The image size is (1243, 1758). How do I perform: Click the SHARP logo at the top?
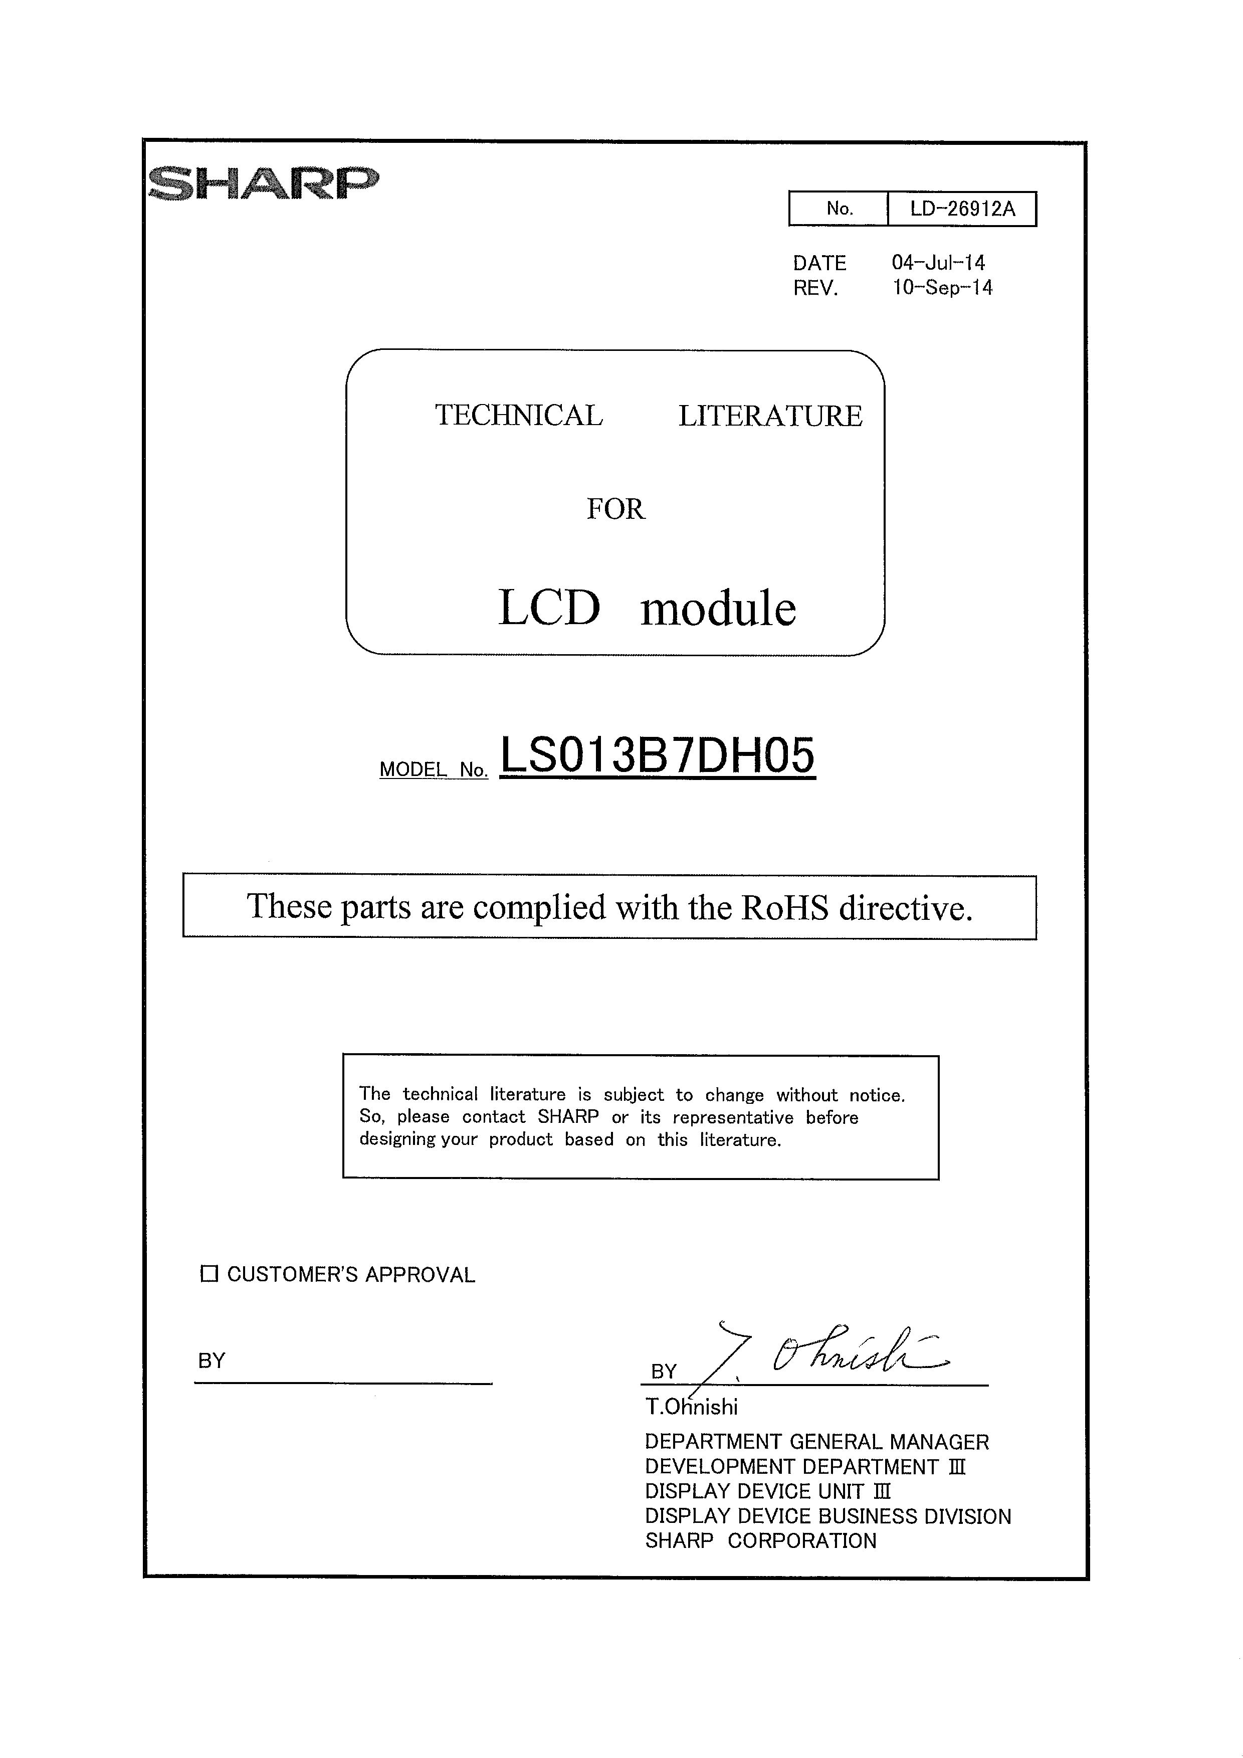click(x=263, y=183)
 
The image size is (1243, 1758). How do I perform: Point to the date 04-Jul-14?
click(x=938, y=263)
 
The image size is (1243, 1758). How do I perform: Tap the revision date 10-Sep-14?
click(x=942, y=288)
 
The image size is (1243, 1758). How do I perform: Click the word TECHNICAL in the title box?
click(x=519, y=415)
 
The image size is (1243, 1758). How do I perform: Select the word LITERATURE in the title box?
click(x=770, y=416)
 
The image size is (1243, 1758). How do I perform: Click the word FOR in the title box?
click(x=615, y=509)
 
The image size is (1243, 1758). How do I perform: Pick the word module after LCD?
click(x=718, y=609)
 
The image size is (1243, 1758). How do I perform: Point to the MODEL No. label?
click(x=433, y=769)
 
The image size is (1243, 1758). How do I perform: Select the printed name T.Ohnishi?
click(x=691, y=1407)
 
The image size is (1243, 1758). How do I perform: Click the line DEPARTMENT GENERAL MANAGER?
click(x=816, y=1442)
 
